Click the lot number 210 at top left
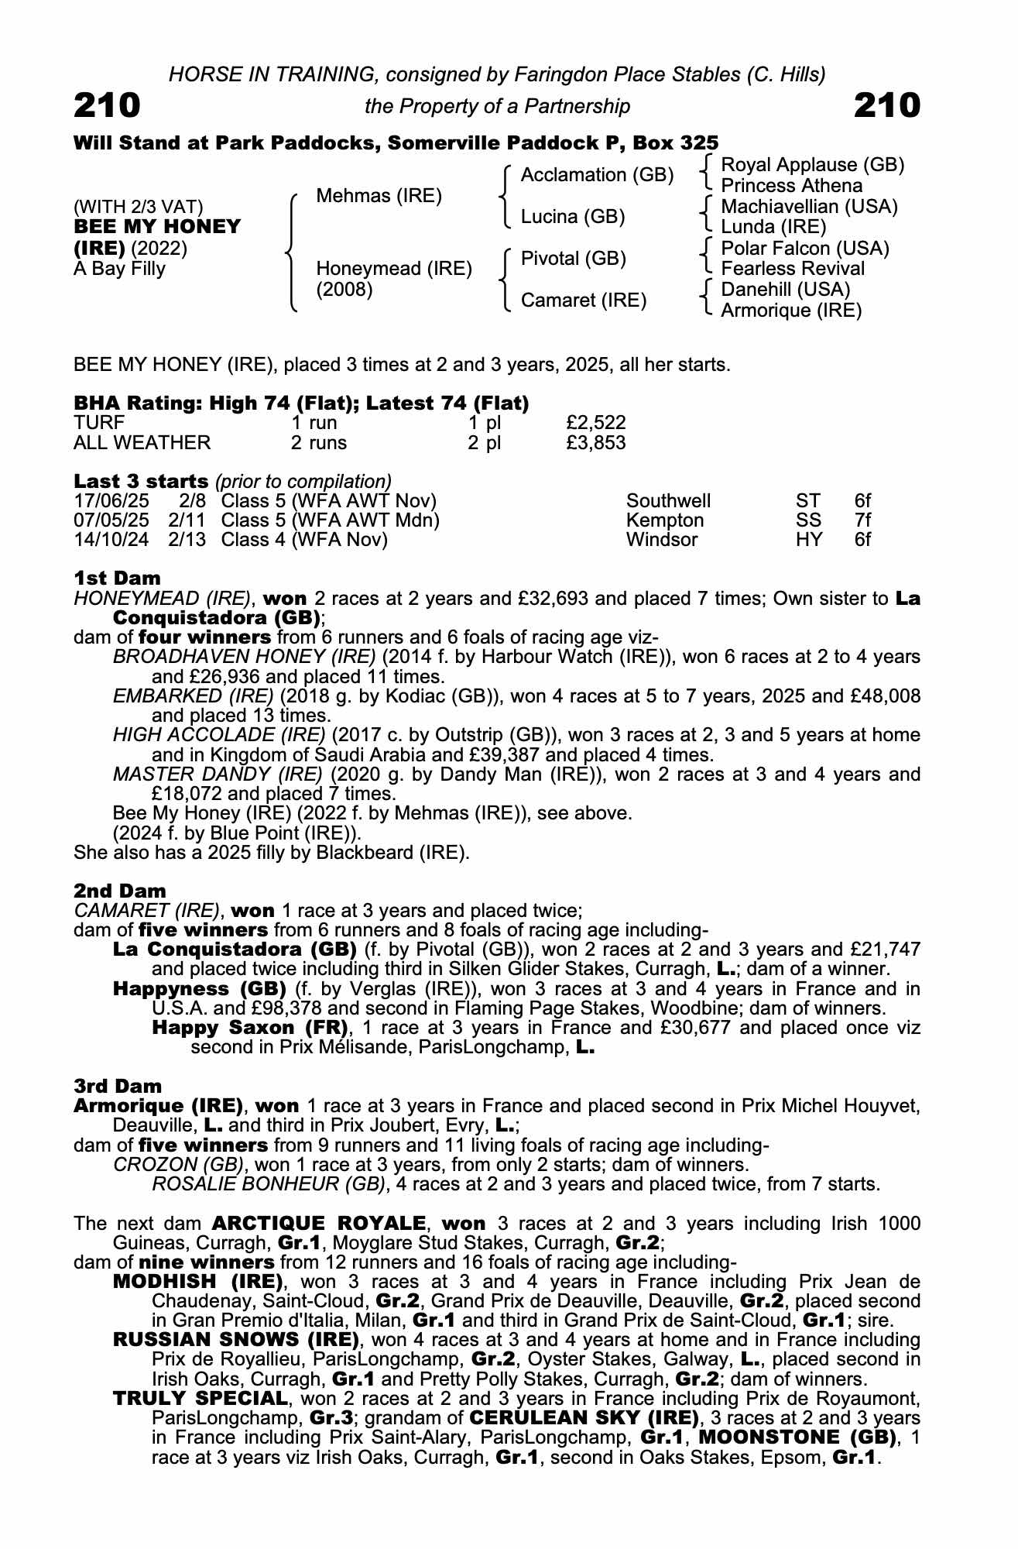(x=107, y=105)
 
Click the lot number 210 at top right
(x=887, y=105)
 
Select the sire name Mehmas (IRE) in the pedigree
(x=379, y=196)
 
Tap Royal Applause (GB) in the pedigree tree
(x=812, y=165)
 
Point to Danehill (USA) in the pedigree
(x=785, y=290)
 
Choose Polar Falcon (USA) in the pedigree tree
(x=804, y=249)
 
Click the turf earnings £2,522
(x=595, y=423)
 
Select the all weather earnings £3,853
(x=595, y=443)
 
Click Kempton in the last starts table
(x=665, y=520)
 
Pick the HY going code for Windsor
(x=809, y=540)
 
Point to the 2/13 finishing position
(x=187, y=540)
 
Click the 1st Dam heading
(x=118, y=579)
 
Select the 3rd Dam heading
(x=118, y=1086)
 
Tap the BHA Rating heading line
(x=301, y=404)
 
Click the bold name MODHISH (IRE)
(x=197, y=1281)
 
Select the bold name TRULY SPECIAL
(x=201, y=1399)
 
